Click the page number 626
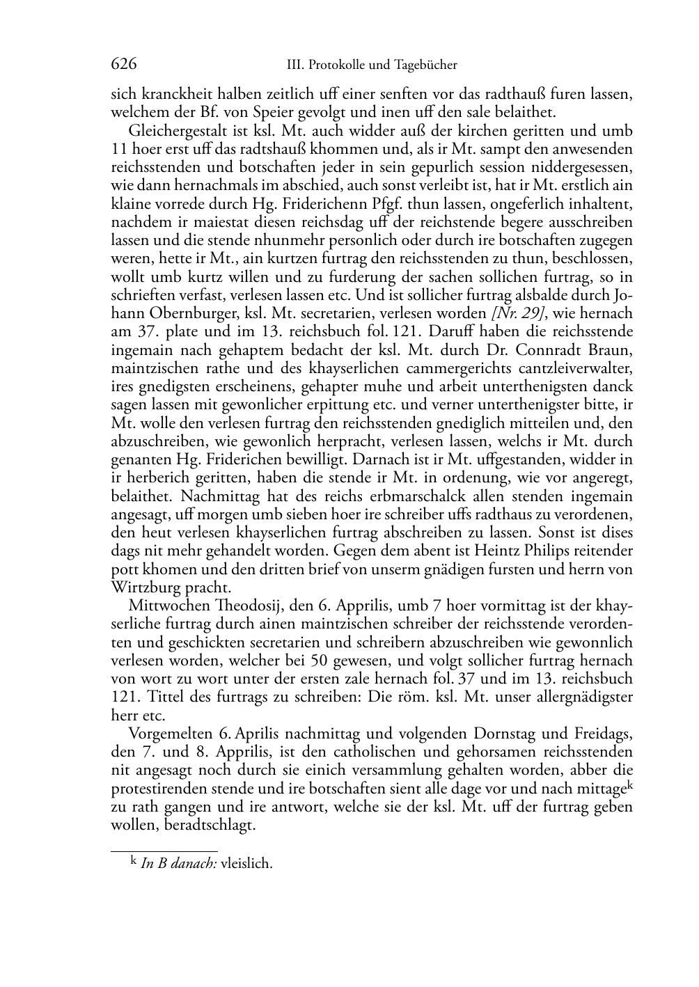[x=123, y=65]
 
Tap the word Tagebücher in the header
[x=425, y=65]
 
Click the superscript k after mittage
[x=629, y=784]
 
